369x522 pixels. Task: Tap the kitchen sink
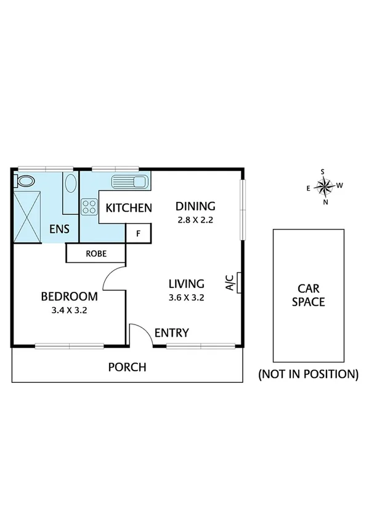(x=129, y=182)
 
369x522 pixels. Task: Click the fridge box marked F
(x=138, y=233)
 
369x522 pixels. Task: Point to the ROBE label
(x=96, y=253)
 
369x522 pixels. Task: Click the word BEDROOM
(x=69, y=297)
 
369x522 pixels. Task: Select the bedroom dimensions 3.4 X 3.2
(x=69, y=310)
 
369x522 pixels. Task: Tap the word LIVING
(x=186, y=284)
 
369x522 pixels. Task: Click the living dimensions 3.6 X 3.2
(x=186, y=297)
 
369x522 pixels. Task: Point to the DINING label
(x=195, y=206)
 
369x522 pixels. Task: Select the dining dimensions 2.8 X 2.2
(x=195, y=220)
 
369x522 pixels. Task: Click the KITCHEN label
(x=129, y=208)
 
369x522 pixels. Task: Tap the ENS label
(x=59, y=230)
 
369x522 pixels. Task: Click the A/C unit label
(x=229, y=282)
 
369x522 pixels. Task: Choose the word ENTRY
(x=171, y=333)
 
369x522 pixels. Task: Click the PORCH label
(x=127, y=367)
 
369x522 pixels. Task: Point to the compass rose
(x=324, y=185)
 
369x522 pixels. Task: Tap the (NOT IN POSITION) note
(x=307, y=374)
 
